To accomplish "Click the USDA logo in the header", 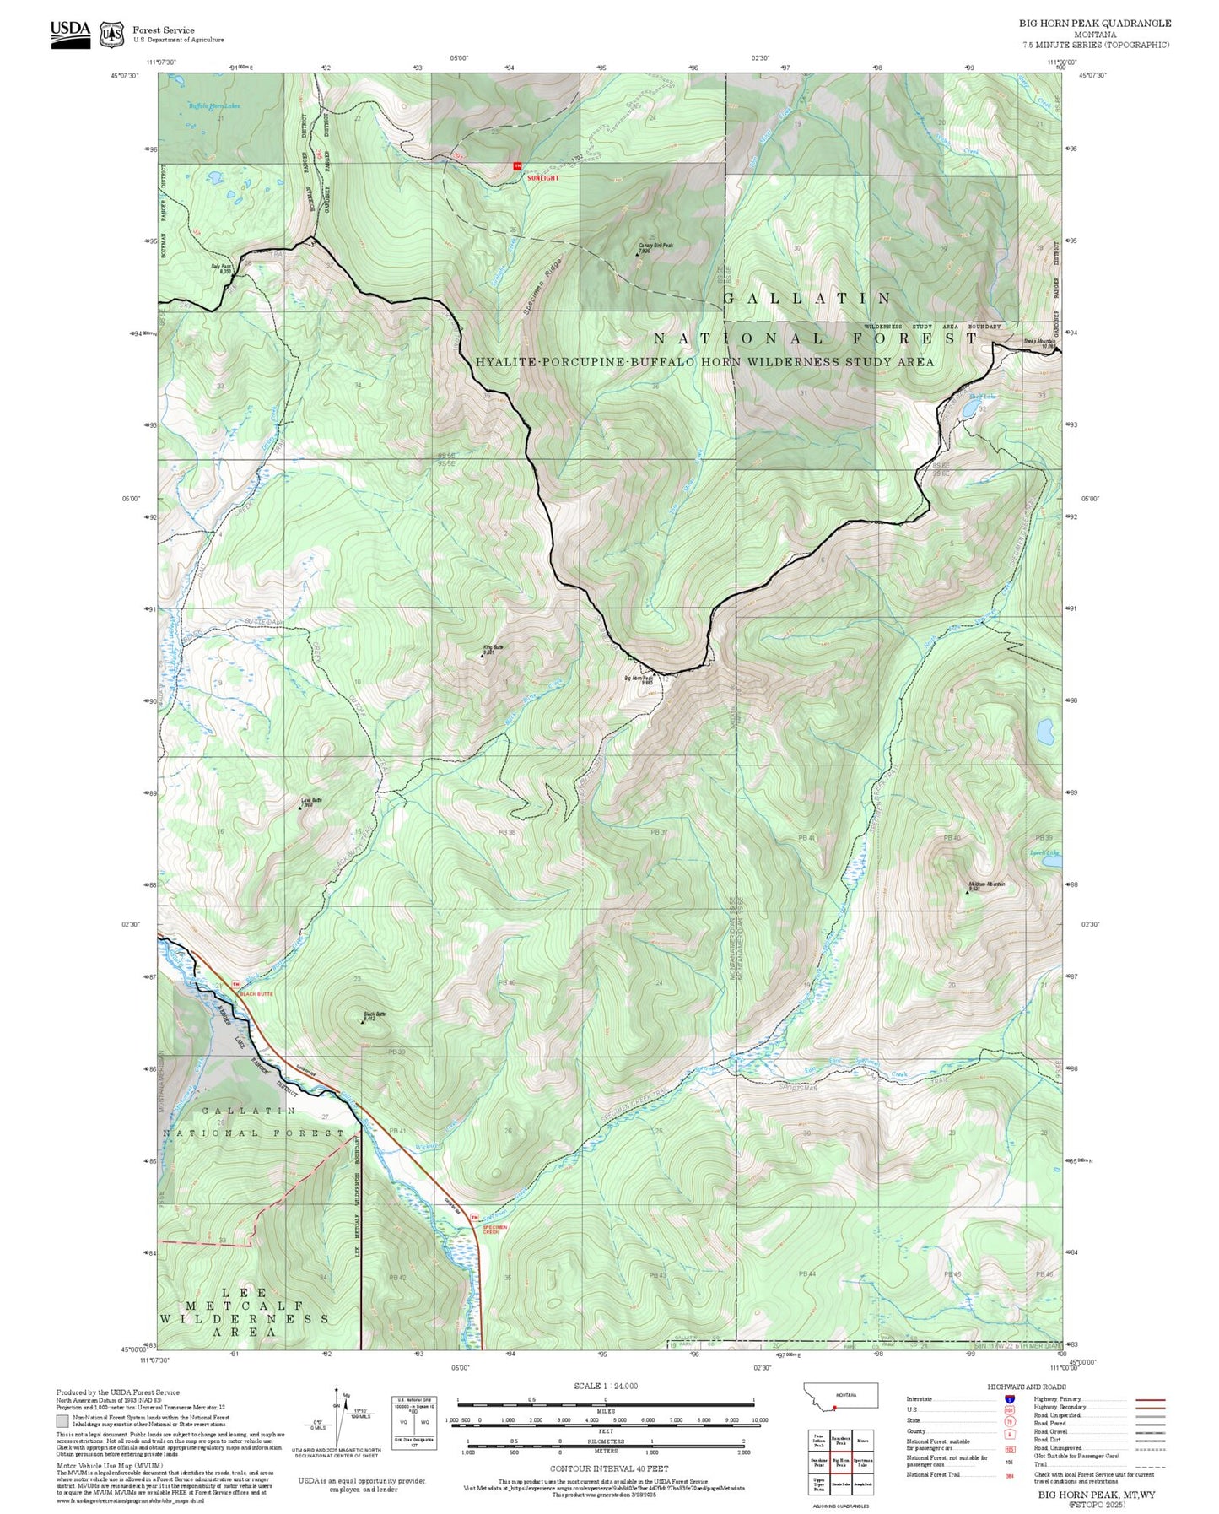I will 70,33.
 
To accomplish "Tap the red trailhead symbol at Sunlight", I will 518,166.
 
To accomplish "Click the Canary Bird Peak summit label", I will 655,246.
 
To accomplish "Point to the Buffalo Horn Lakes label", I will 213,106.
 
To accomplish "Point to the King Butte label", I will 493,650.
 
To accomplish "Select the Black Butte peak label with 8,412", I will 374,1016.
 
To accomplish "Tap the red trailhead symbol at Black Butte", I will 237,984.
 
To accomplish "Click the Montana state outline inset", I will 840,1395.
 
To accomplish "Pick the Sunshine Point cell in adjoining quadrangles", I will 818,1463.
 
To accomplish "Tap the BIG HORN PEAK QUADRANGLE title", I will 1094,24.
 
